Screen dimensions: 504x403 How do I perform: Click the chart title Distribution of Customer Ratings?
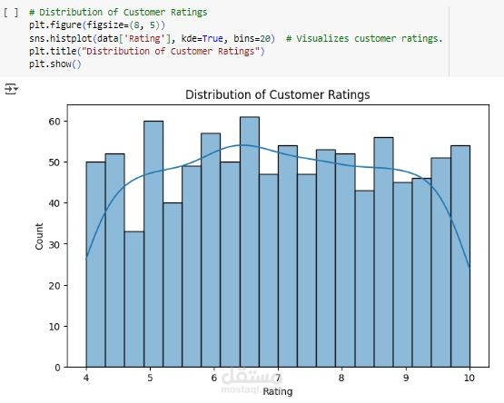[x=277, y=94]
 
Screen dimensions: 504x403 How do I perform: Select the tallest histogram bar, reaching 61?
[x=250, y=241]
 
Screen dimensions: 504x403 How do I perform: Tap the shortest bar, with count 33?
[x=134, y=299]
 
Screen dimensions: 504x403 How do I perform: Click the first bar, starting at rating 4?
[x=95, y=264]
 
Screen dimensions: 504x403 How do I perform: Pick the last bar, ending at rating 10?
[x=460, y=256]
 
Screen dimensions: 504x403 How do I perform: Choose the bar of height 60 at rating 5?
[x=153, y=244]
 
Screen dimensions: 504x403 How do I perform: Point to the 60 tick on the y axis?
[x=54, y=121]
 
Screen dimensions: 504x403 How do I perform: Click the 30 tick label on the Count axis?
[x=54, y=244]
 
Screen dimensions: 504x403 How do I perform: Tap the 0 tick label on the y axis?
[x=57, y=368]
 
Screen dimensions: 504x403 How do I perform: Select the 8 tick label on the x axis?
[x=341, y=378]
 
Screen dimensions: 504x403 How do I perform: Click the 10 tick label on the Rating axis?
[x=469, y=378]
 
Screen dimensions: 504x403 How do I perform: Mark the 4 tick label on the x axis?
[x=86, y=378]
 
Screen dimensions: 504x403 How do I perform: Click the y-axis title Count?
[x=39, y=236]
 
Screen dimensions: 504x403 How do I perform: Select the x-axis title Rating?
[x=278, y=392]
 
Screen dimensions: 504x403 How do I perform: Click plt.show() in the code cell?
[x=55, y=64]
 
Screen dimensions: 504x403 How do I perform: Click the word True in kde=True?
[x=212, y=38]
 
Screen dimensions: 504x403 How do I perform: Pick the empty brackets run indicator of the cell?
[x=11, y=13]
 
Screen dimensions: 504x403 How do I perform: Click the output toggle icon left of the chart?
[x=11, y=89]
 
